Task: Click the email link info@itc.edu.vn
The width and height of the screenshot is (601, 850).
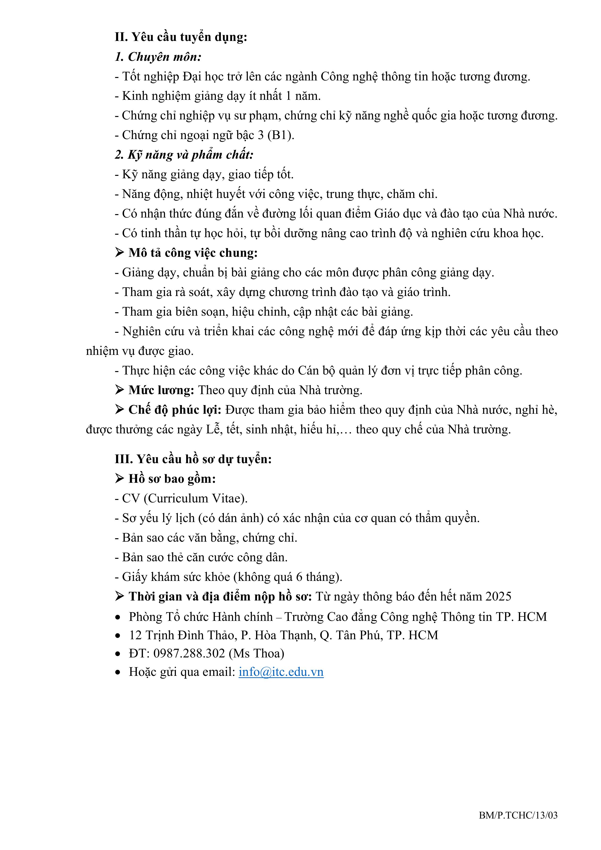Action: pos(281,672)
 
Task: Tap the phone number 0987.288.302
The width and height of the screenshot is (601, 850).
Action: pos(189,653)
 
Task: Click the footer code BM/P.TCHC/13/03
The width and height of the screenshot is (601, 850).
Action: pos(518,815)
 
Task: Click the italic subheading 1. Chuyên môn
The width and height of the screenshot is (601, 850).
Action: pos(158,57)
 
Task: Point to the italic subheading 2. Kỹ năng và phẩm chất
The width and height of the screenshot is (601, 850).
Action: pos(184,155)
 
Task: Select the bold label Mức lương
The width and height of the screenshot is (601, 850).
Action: pos(161,390)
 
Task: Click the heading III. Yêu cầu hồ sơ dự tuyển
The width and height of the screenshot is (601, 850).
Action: pos(193,459)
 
